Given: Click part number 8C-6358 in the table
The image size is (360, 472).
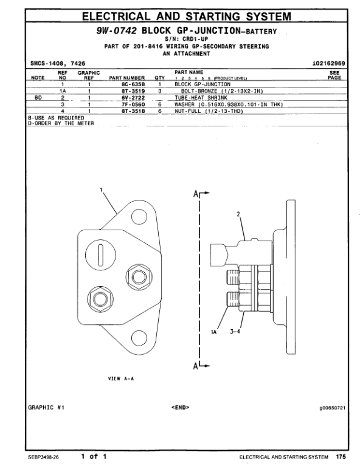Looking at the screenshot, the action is point(133,84).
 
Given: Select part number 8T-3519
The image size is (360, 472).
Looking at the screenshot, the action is point(133,91).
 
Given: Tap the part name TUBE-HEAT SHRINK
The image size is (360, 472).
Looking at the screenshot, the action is point(201,98).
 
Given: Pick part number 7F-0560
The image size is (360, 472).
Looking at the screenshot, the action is point(133,104).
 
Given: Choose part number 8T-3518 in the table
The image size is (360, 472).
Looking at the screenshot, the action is point(133,111).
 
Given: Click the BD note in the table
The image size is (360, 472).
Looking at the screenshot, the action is point(38,98).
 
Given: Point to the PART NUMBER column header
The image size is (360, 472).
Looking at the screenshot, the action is point(127,78).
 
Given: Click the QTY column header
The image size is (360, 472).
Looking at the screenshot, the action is point(160,78).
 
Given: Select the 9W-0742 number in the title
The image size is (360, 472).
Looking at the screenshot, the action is point(117,30).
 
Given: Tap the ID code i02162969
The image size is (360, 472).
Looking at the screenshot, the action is point(328,63).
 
